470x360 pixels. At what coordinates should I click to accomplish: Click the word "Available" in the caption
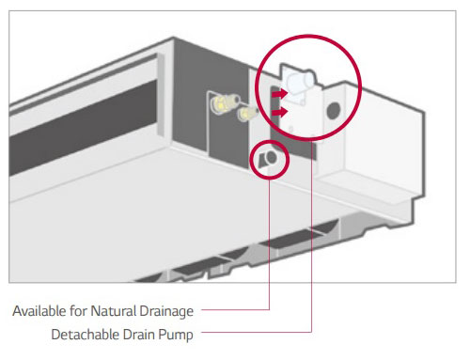point(39,311)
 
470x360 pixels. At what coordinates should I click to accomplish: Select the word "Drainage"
point(166,312)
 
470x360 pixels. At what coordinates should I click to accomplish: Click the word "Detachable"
point(86,334)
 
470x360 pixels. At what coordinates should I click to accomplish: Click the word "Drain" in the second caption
point(139,334)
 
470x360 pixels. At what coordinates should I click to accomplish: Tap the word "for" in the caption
point(78,311)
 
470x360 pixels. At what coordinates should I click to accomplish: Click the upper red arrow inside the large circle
point(280,93)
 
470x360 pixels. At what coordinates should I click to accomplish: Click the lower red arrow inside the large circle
point(280,112)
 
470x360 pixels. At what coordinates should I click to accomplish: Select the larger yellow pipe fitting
point(224,102)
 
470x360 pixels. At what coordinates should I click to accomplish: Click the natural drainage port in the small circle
point(269,159)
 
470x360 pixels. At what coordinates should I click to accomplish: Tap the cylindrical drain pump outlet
point(299,82)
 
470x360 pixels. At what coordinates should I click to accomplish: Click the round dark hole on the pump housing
point(333,110)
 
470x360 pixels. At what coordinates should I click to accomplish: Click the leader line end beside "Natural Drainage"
point(202,310)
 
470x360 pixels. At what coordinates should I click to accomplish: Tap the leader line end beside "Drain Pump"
point(202,332)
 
